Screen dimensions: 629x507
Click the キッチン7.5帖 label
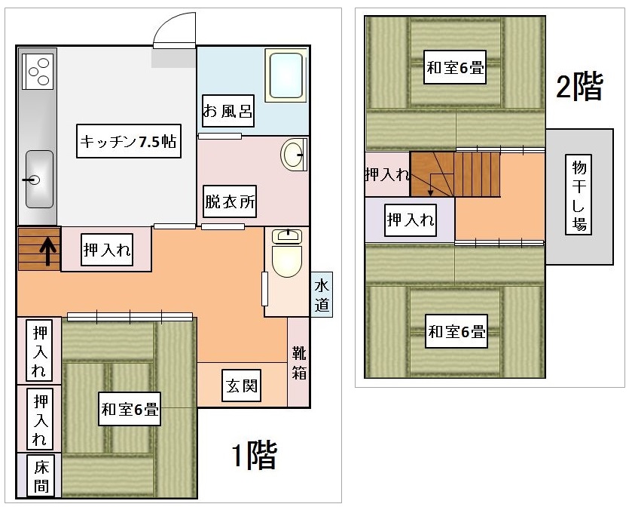coord(128,141)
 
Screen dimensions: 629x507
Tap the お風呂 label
coord(227,111)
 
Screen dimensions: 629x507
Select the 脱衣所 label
coord(230,201)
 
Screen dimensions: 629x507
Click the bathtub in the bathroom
coord(286,75)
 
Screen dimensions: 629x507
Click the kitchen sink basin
coord(39,179)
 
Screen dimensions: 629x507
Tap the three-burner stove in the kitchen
coord(38,72)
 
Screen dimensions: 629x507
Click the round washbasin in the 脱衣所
coord(293,155)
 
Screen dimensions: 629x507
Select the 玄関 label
coord(242,386)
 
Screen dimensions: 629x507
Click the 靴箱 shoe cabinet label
coord(299,363)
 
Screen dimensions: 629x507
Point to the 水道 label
coord(322,295)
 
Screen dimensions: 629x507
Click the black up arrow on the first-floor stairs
coord(47,251)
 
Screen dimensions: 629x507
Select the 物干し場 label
coord(579,195)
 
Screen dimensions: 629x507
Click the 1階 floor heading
coord(255,455)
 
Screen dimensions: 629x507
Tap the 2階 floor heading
coord(579,85)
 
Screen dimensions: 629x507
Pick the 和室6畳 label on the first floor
coord(130,409)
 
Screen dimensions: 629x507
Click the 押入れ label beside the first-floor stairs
coord(107,250)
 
